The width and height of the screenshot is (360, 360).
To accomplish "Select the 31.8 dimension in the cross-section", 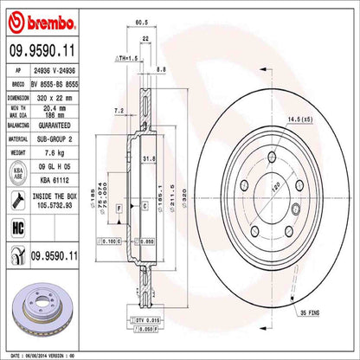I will pyautogui.click(x=148, y=158).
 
